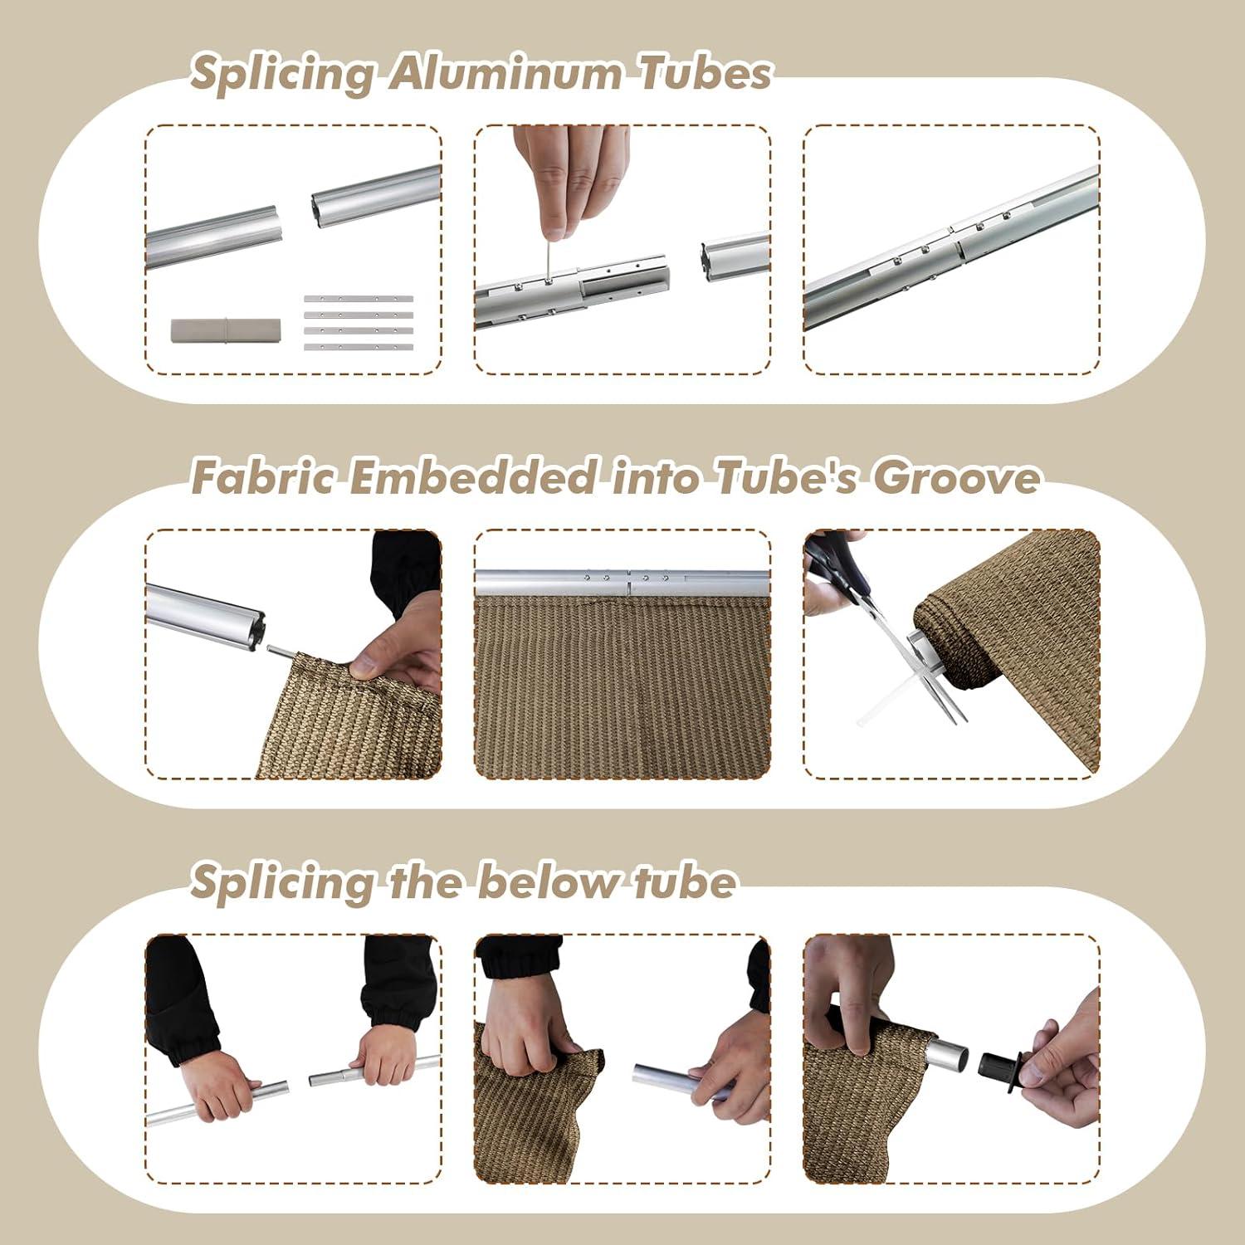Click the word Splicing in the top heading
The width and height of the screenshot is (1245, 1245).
283,75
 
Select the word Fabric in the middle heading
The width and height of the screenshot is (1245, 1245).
263,477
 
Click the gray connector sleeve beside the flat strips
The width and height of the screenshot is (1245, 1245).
226,330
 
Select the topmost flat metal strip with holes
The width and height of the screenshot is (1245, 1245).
359,299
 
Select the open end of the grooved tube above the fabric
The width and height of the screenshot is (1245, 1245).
251,631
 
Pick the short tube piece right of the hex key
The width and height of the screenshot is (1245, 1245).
735,256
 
